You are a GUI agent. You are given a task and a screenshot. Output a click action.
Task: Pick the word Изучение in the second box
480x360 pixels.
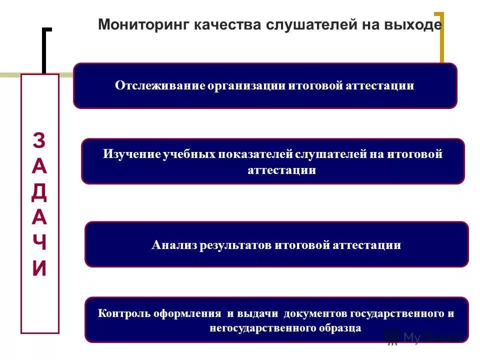coord(132,154)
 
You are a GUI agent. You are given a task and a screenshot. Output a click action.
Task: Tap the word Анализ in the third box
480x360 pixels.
coord(174,245)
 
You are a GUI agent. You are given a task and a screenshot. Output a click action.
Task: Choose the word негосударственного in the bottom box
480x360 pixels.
coord(262,328)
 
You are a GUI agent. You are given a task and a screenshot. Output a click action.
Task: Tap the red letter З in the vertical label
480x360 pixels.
coord(39,141)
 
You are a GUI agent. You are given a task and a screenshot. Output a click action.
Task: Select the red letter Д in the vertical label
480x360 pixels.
coord(39,192)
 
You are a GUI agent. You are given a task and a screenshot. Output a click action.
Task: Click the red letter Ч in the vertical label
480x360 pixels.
coord(39,243)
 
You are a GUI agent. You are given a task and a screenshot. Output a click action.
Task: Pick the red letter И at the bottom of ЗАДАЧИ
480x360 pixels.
coord(39,269)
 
